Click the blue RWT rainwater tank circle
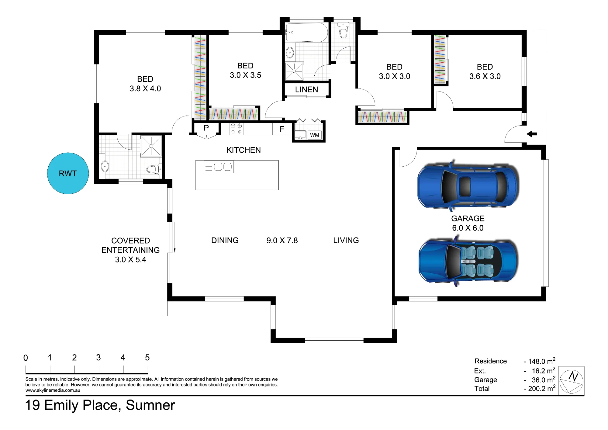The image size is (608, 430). click(x=68, y=173)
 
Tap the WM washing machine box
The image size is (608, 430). click(x=315, y=135)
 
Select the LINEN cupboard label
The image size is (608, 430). click(x=306, y=90)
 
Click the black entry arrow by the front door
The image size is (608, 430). click(x=532, y=134)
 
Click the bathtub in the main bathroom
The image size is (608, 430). click(x=306, y=32)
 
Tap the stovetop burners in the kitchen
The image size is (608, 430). click(x=236, y=129)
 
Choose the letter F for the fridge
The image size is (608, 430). click(x=282, y=129)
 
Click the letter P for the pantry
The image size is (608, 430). click(x=206, y=128)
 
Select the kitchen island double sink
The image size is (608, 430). click(x=223, y=167)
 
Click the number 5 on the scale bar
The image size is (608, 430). click(x=147, y=358)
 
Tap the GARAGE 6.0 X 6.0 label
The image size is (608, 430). click(x=468, y=223)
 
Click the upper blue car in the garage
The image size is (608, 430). click(x=468, y=186)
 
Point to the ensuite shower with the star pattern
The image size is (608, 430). click(x=151, y=146)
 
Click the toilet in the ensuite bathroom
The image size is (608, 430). click(x=154, y=169)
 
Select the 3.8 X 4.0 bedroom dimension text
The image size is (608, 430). click(x=145, y=88)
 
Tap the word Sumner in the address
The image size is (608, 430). click(x=150, y=405)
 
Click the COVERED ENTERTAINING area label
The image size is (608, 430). click(x=131, y=245)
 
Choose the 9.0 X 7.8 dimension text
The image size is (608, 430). click(x=282, y=241)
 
